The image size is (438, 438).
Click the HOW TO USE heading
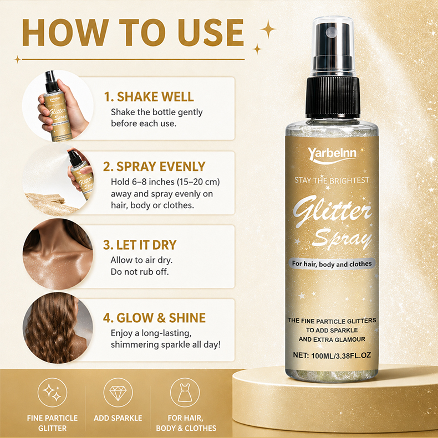133,32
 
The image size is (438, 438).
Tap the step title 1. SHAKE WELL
149,97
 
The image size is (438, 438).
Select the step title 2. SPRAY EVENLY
154,167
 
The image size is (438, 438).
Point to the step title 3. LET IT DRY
140,245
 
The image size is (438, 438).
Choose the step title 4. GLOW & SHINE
154,318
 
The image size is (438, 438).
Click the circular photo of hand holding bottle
58,106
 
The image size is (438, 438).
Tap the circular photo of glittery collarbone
58,254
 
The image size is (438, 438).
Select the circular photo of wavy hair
58,328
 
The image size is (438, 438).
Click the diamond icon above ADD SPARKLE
118,393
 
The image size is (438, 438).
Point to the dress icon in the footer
185,393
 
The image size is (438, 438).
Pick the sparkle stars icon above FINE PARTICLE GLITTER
52,393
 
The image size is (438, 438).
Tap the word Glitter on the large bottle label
332,210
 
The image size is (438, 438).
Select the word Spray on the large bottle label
342,239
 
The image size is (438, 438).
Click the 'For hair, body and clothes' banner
332,264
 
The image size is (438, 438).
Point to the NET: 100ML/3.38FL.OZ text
332,355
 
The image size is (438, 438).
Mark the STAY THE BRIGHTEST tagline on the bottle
332,180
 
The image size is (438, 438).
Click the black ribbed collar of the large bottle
333,97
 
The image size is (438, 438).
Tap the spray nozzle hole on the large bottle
332,32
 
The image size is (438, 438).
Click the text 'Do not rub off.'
140,271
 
